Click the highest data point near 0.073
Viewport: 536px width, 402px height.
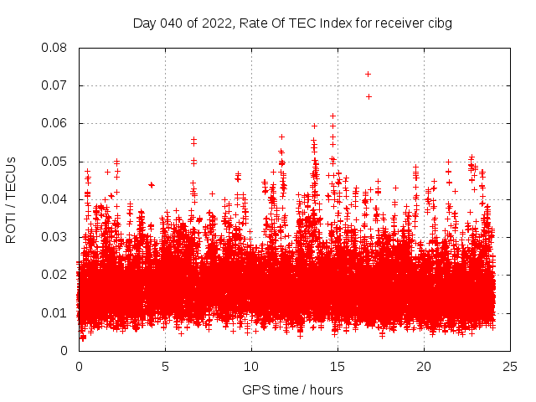[x=368, y=75]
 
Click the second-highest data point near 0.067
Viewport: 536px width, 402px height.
[x=368, y=96]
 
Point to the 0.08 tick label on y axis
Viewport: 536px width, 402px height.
[x=55, y=48]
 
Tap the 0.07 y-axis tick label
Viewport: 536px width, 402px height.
[x=55, y=85]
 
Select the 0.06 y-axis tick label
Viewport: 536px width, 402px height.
[x=55, y=123]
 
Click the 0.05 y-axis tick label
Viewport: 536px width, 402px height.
[x=55, y=161]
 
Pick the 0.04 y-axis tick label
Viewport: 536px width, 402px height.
[x=55, y=199]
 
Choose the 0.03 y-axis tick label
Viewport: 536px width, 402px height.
[x=55, y=237]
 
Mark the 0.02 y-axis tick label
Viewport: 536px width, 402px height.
[x=55, y=275]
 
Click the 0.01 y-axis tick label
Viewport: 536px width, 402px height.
[x=55, y=312]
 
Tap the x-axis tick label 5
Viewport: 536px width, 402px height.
[x=165, y=367]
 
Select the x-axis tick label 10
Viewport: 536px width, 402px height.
[x=251, y=367]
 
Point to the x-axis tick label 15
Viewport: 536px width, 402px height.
[x=338, y=367]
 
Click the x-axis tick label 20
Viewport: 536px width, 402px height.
[x=424, y=367]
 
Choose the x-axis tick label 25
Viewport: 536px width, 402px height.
[x=510, y=367]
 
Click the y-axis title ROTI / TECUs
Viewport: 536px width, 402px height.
[x=11, y=199]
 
